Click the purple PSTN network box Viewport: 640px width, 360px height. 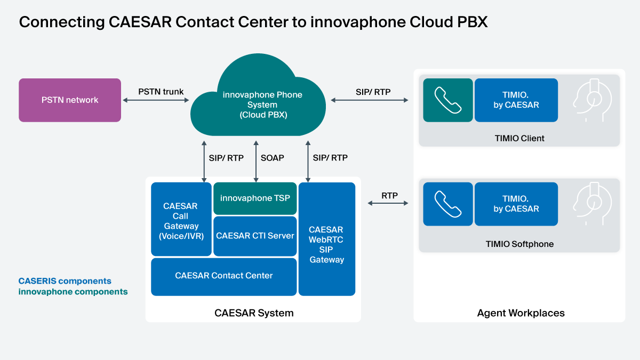(70, 100)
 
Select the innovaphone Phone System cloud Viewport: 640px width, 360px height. (262, 105)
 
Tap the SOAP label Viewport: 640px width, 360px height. (272, 158)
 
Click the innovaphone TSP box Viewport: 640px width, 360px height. (255, 198)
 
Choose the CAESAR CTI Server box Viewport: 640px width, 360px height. (255, 236)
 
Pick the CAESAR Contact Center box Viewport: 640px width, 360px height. (224, 276)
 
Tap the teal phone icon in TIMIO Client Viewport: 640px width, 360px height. (447, 100)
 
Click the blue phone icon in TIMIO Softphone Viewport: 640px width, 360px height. (447, 204)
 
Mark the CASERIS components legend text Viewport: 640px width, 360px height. (65, 281)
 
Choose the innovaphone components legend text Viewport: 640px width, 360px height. (73, 292)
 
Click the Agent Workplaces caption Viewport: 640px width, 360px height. (521, 313)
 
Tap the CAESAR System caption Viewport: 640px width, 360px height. (254, 313)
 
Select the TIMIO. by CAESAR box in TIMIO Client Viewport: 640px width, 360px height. (516, 100)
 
